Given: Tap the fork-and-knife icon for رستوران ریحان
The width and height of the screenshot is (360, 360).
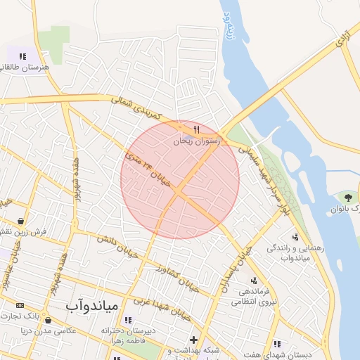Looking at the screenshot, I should click(x=196, y=129).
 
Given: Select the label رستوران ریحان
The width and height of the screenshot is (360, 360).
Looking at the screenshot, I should click(x=198, y=141).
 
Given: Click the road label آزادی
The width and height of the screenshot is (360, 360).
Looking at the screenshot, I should click(x=342, y=40).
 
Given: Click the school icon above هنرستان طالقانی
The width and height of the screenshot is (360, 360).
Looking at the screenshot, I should click(x=23, y=56).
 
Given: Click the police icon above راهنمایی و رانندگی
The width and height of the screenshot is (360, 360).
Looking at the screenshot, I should click(x=294, y=236).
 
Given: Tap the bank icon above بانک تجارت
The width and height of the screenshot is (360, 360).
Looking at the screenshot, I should click(x=20, y=305).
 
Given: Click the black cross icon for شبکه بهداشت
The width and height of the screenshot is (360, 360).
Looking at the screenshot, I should click(x=193, y=340).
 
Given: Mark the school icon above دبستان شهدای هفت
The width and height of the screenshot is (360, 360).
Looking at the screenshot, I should click(x=277, y=344).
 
